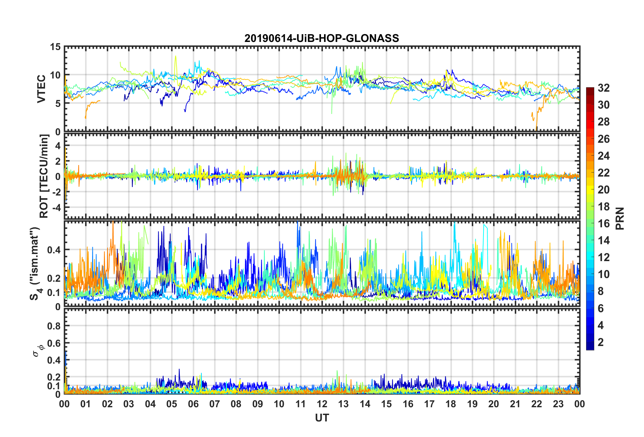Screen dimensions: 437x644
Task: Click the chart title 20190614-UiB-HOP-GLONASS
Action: click(x=322, y=38)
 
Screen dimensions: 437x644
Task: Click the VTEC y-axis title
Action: click(x=41, y=89)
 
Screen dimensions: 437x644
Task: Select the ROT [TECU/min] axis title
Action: click(x=44, y=176)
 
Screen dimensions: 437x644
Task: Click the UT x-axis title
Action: click(x=322, y=418)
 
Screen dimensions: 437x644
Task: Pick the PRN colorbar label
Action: click(x=620, y=218)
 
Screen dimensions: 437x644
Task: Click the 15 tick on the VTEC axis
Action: click(x=55, y=47)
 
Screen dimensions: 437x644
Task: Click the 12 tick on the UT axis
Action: click(x=322, y=404)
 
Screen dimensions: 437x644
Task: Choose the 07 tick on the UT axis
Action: click(x=215, y=404)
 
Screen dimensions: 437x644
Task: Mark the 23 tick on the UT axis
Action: click(x=558, y=404)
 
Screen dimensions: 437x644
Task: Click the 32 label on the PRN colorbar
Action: click(x=603, y=88)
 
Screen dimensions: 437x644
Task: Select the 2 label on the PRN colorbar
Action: click(x=601, y=342)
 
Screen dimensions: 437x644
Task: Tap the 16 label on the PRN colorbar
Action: click(x=603, y=224)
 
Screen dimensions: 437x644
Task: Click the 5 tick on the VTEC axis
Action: click(x=58, y=103)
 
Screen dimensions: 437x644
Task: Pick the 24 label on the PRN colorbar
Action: click(x=603, y=156)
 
